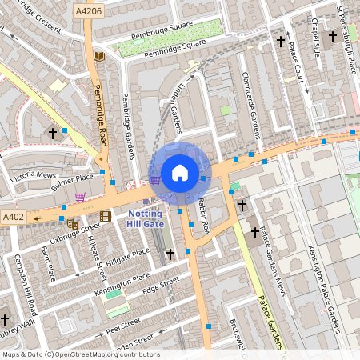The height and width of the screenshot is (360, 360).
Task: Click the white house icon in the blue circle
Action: (x=180, y=173)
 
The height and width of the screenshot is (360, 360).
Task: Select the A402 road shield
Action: (x=13, y=217)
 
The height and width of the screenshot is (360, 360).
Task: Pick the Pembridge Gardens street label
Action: (x=126, y=124)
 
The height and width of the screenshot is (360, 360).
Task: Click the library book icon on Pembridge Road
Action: (x=99, y=56)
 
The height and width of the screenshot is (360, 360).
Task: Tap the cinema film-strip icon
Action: (x=106, y=215)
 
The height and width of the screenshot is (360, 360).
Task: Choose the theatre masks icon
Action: (x=72, y=225)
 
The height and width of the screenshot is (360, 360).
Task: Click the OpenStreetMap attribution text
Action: (x=80, y=354)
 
